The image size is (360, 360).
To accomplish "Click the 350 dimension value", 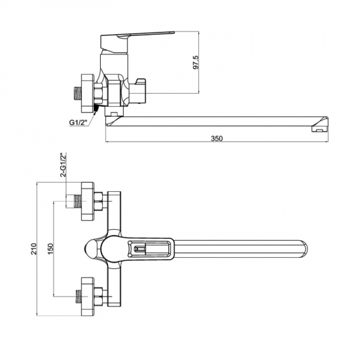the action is [217, 139].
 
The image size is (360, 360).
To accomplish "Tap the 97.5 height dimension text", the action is [196, 62].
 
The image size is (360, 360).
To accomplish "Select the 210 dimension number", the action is [34, 249].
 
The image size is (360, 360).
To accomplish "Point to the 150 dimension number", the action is [50, 249].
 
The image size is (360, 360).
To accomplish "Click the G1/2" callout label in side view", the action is [79, 122].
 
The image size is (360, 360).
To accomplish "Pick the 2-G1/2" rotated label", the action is [63, 164].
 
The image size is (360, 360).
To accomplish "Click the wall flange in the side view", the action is [88, 93].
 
